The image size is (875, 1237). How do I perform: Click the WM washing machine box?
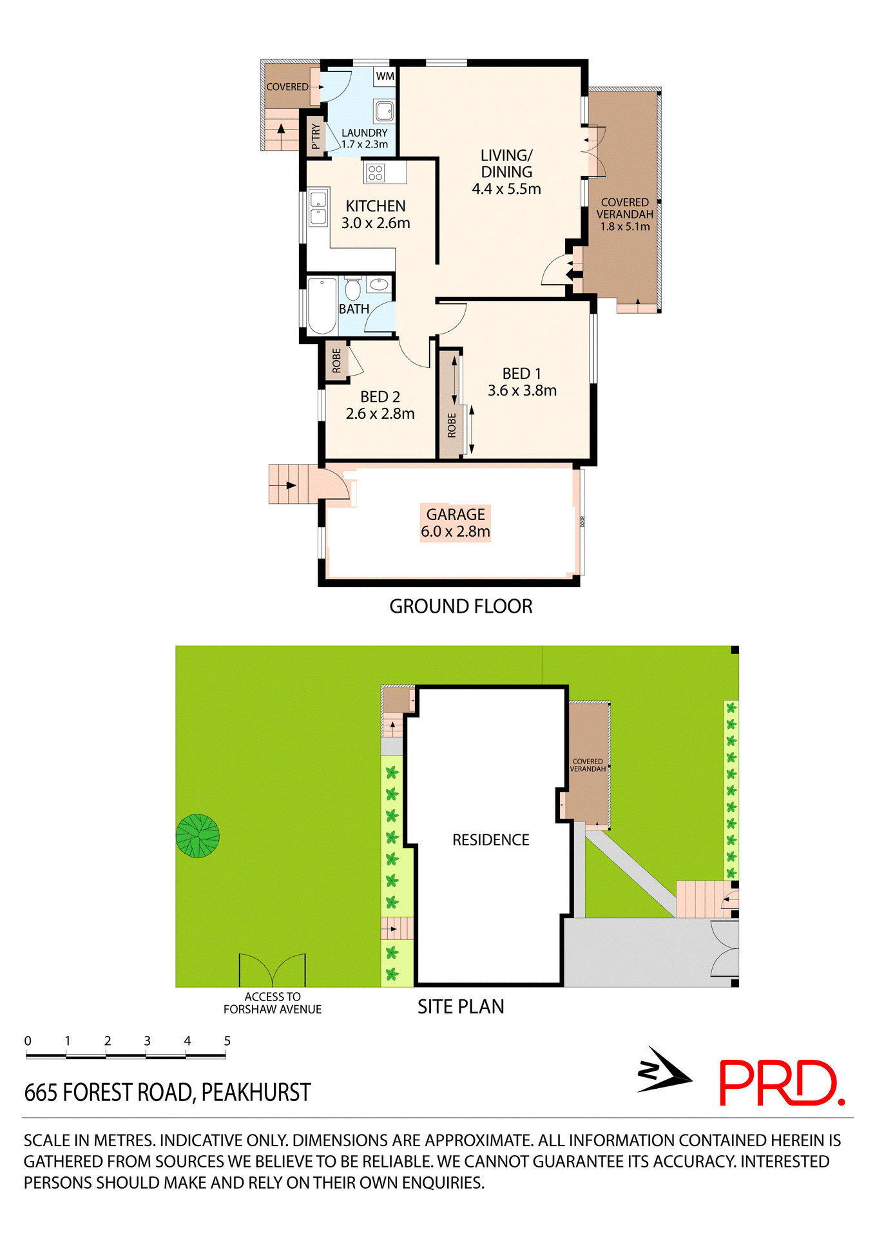[x=385, y=76]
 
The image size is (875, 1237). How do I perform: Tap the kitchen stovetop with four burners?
[x=376, y=173]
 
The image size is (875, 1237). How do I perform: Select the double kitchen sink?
[x=318, y=207]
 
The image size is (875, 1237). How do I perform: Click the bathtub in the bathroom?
[x=322, y=305]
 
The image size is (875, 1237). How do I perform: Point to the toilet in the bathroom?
[x=352, y=289]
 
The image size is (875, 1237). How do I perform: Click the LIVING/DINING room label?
[x=506, y=172]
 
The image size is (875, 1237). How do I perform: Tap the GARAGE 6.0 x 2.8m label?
[x=456, y=523]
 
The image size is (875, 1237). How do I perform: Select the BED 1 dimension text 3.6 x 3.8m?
[x=522, y=390]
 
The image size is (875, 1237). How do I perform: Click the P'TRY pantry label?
[x=315, y=137]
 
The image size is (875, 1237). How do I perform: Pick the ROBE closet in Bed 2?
[x=336, y=361]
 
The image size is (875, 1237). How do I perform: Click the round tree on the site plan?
[x=198, y=836]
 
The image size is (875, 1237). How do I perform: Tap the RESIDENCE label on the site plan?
[x=490, y=840]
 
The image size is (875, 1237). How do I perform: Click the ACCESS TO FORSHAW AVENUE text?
[x=273, y=1003]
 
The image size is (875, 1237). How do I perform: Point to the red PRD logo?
[x=781, y=1083]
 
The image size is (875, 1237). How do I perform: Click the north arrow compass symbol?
[x=664, y=1071]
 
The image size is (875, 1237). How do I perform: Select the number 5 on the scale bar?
[x=227, y=1040]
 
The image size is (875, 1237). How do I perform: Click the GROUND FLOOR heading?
[x=461, y=606]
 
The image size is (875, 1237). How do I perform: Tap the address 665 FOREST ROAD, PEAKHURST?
[x=168, y=1093]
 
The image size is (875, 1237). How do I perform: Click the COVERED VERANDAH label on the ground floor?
[x=624, y=214]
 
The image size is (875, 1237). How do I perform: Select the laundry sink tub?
[x=385, y=111]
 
